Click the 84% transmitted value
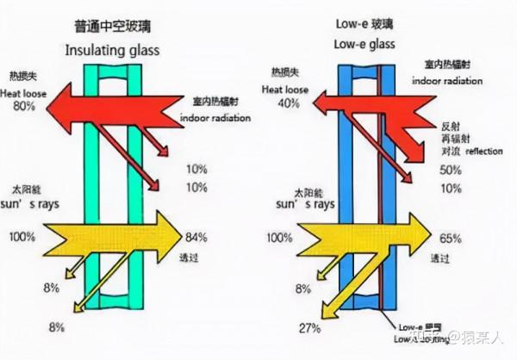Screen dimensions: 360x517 197,236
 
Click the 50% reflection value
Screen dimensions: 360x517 451,170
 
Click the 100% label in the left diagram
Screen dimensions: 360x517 25,236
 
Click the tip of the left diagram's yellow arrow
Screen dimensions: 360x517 180,235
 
